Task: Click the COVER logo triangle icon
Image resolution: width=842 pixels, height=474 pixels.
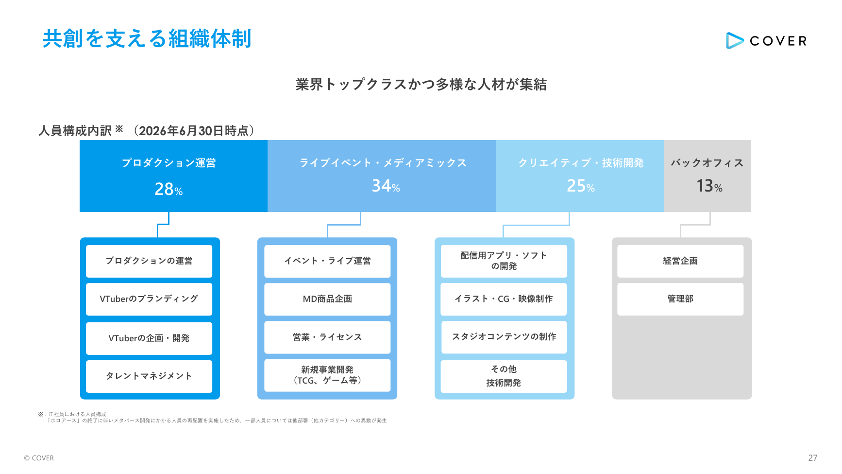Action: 734,41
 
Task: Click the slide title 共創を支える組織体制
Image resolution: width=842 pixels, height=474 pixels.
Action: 147,38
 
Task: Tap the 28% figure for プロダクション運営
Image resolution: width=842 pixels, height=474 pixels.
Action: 168,189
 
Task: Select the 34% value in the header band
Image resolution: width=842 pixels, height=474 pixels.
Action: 386,186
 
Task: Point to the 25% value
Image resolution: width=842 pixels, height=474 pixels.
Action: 580,186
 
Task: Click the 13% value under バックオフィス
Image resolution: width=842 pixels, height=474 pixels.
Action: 709,186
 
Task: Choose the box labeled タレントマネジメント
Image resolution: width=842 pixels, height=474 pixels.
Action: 149,376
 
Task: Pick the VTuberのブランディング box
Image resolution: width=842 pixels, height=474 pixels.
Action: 149,299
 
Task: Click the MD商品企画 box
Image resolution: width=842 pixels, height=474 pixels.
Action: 327,299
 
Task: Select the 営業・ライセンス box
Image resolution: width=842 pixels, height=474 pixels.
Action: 327,337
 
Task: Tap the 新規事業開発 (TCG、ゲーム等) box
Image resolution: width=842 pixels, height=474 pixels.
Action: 327,375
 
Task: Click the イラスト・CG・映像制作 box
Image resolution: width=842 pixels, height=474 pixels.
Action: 504,299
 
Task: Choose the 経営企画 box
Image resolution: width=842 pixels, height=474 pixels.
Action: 680,261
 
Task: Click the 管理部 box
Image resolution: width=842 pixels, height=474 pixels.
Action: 680,299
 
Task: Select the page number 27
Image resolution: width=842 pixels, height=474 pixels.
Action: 813,458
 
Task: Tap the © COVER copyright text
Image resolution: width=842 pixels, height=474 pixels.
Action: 39,458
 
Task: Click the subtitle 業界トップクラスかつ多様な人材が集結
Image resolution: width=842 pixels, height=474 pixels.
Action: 421,85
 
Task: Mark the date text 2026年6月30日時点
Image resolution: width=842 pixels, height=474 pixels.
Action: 194,131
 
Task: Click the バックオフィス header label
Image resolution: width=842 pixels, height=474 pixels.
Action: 707,163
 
